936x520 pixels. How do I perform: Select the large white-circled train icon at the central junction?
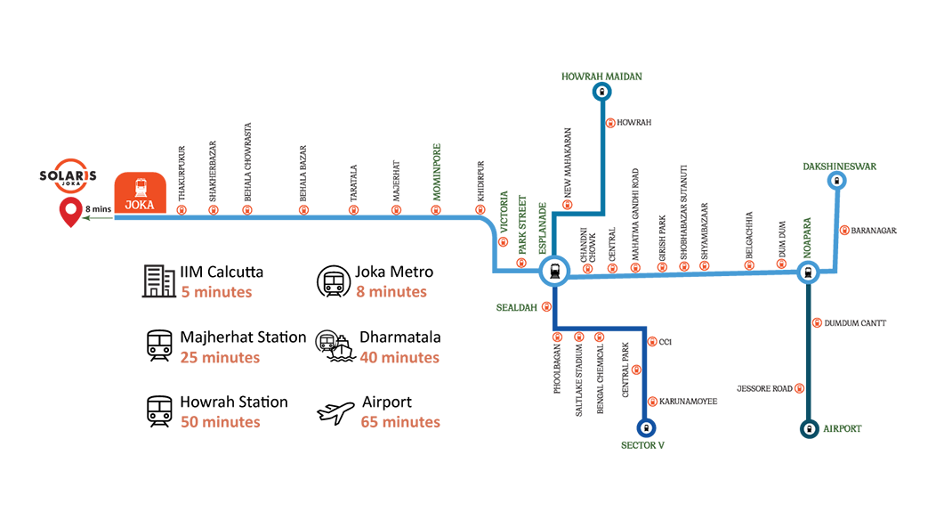point(554,271)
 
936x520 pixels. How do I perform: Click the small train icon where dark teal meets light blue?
point(808,272)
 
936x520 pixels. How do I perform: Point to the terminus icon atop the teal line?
point(601,92)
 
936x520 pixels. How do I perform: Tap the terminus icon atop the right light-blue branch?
point(835,181)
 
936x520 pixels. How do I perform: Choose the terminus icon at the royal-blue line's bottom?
point(647,428)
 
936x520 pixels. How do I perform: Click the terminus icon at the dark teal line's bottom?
point(808,428)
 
